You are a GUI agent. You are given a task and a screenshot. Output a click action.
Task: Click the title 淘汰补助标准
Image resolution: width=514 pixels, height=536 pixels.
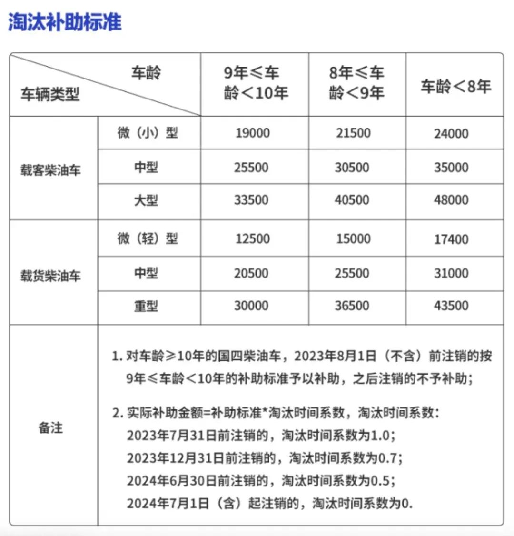[65, 22]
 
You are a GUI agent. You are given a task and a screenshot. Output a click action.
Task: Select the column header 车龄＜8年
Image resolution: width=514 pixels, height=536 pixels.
[455, 86]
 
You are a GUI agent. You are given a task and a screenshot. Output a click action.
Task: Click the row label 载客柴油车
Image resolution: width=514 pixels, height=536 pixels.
[50, 170]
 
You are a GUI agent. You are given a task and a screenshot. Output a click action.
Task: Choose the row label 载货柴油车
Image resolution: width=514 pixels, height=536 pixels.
[50, 276]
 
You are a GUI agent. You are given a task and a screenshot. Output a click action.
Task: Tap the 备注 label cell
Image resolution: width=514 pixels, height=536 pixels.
[50, 427]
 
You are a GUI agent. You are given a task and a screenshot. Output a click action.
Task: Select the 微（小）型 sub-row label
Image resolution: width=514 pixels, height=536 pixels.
[148, 133]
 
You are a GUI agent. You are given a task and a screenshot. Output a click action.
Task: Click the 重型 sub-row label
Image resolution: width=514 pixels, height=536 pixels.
[146, 306]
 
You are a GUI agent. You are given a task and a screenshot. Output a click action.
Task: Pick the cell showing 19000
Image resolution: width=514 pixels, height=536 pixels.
[252, 133]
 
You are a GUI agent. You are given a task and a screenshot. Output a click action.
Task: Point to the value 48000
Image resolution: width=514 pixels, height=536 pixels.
[451, 200]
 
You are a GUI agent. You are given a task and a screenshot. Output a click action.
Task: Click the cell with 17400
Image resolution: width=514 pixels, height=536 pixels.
[451, 239]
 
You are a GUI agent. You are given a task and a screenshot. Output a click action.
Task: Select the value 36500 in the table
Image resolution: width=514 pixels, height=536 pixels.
[352, 306]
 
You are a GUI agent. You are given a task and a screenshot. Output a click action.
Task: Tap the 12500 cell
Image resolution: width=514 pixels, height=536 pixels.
[252, 239]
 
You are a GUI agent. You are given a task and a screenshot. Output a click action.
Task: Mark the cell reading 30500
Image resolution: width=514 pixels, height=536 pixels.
[352, 168]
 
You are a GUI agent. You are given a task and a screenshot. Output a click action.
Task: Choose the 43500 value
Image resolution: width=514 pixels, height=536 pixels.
[451, 306]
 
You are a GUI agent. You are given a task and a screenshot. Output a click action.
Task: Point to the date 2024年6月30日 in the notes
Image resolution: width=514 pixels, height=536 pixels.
[172, 481]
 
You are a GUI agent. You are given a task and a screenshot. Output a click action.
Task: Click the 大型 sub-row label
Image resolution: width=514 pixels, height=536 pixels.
[146, 200]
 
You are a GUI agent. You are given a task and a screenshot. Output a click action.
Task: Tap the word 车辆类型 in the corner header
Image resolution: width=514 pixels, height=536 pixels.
[49, 94]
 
